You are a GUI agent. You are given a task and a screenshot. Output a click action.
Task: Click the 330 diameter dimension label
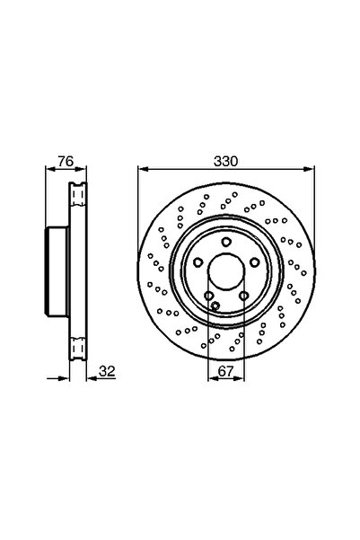tap(225, 161)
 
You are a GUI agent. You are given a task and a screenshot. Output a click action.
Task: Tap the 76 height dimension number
tap(66, 161)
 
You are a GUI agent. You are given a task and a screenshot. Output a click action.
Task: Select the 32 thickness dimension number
tap(107, 371)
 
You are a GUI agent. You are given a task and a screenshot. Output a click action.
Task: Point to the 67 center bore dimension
tap(225, 371)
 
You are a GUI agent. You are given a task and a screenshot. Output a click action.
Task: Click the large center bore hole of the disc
tap(225, 271)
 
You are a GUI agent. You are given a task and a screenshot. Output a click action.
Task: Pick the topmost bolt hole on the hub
tap(225, 242)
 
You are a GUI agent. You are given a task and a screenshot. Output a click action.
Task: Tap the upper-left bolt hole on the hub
tap(198, 262)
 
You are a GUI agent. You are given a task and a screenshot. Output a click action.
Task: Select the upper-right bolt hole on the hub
tap(254, 262)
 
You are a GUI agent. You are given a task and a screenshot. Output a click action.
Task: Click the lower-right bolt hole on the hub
tap(243, 296)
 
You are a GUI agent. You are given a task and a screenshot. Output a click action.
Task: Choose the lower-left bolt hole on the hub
tap(208, 296)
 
